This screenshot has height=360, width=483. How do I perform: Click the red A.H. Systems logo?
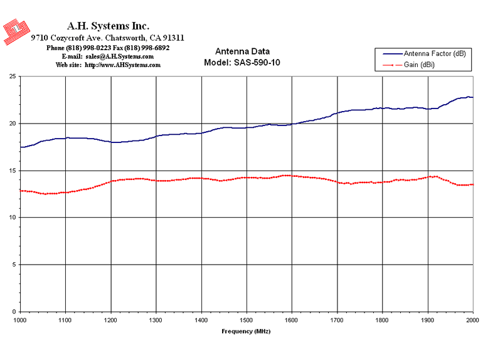tap(16, 31)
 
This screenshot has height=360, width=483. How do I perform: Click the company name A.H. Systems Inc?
tap(108, 26)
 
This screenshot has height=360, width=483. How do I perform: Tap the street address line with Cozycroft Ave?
tap(107, 38)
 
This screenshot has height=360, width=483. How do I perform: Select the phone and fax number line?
tap(108, 48)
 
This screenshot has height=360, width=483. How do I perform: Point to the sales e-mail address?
tap(120, 56)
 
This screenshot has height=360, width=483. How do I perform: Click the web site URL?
tap(122, 65)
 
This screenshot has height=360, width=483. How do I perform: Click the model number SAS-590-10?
tap(257, 63)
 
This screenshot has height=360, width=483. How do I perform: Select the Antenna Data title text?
tap(242, 51)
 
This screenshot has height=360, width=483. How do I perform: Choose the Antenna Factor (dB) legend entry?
tap(424, 54)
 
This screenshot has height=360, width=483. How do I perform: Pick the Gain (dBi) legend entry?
tap(408, 65)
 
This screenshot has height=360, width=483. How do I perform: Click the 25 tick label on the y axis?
tap(13, 77)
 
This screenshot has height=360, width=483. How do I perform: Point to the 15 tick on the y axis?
tap(13, 171)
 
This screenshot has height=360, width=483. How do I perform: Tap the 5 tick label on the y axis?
tap(14, 265)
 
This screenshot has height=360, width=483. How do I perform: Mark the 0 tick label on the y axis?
tap(14, 312)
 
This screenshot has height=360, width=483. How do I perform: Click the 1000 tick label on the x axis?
tap(19, 320)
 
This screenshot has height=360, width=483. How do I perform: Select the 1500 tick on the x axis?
tap(246, 320)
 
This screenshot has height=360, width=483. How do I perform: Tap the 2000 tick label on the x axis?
tap(472, 320)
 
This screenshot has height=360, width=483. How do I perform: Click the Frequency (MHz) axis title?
tap(246, 331)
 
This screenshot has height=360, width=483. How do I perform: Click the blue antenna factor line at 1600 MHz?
tap(292, 124)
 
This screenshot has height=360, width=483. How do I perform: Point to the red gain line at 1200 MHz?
tap(111, 181)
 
